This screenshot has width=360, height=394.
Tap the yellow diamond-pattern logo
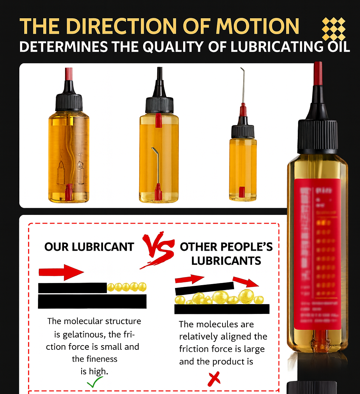pyautogui.click(x=334, y=29)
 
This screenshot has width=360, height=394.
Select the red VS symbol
pyautogui.click(x=157, y=250)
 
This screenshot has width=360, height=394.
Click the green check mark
pyautogui.click(x=95, y=382)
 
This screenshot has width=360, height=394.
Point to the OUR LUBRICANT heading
pyautogui.click(x=89, y=247)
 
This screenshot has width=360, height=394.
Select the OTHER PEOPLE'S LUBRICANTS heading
pyautogui.click(x=226, y=253)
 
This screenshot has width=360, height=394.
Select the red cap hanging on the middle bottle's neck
pyautogui.click(x=159, y=120)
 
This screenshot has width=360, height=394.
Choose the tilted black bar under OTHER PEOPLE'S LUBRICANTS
pyautogui.click(x=204, y=288)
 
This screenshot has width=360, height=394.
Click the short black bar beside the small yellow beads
pyautogui.click(x=72, y=288)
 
